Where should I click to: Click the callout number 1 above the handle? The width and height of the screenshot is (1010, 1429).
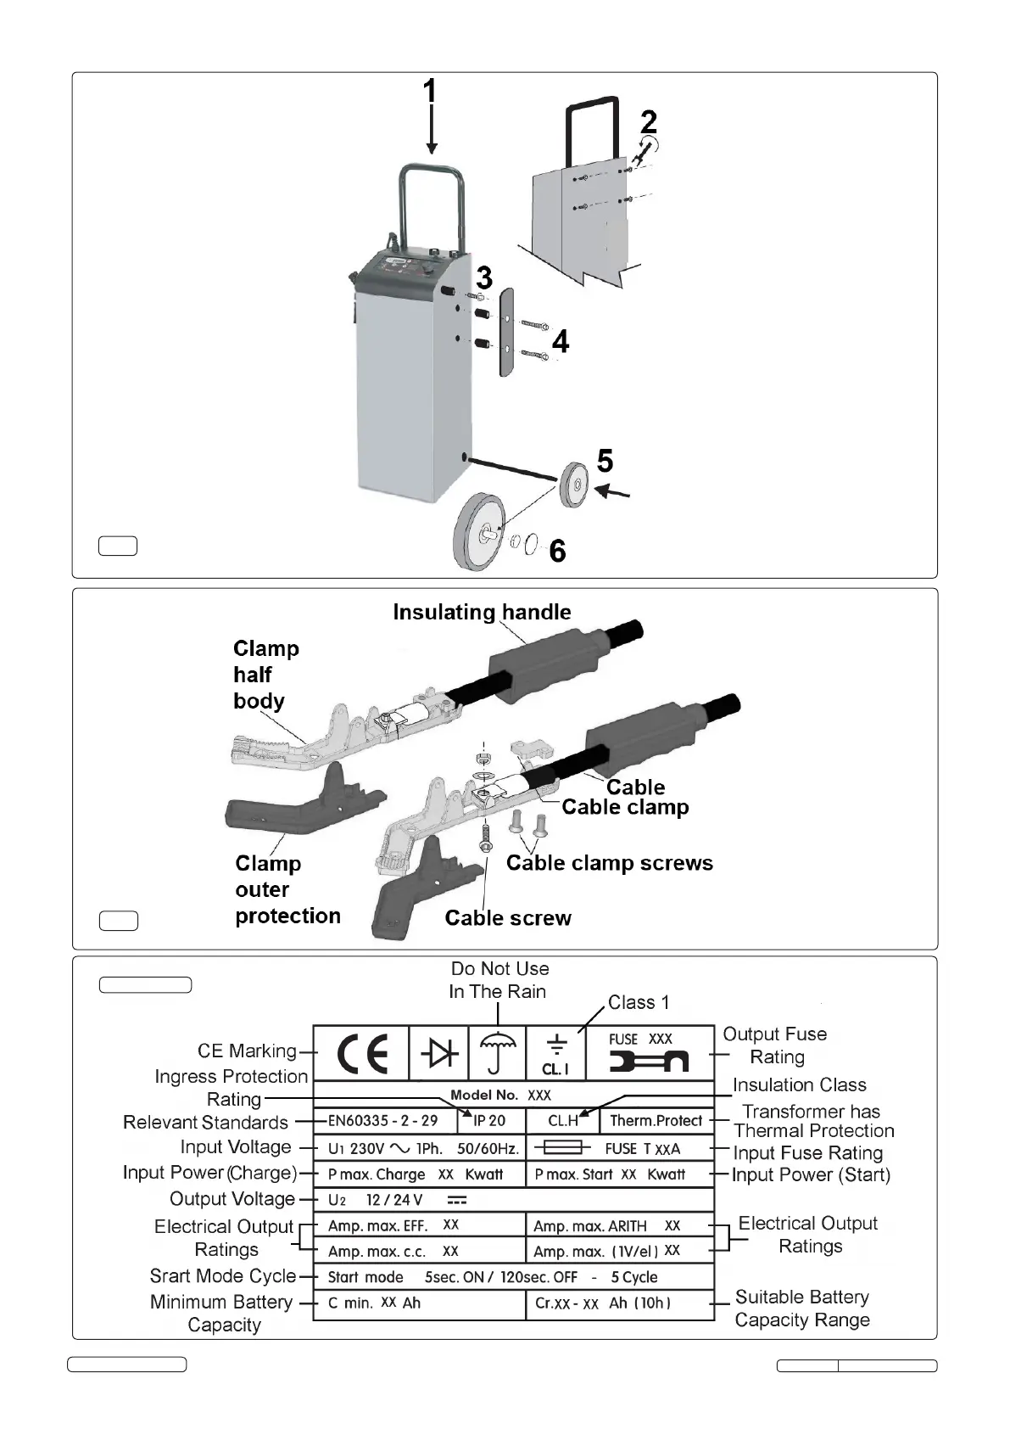click(430, 92)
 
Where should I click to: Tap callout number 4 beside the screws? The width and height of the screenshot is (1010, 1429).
click(560, 342)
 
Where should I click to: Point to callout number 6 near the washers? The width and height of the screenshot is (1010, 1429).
click(557, 552)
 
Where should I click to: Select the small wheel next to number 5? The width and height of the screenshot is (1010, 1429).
click(574, 485)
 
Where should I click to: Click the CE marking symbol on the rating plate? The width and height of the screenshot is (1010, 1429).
click(362, 1053)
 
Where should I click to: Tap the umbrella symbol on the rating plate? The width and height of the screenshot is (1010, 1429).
click(498, 1053)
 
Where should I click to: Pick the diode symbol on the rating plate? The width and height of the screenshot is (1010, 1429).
click(439, 1053)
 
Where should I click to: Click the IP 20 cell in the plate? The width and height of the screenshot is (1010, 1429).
click(489, 1121)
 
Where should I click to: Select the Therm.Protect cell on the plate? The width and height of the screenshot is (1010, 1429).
click(656, 1121)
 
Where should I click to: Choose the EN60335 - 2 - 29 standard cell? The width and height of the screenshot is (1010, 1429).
click(383, 1121)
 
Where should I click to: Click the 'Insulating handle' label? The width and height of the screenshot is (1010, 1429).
click(482, 613)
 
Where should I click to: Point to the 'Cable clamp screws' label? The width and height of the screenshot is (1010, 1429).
click(609, 863)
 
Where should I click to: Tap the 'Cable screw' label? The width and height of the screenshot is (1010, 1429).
click(508, 918)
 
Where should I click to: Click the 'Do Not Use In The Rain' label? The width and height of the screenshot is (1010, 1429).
click(499, 980)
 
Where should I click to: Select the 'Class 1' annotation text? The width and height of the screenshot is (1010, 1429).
click(639, 1002)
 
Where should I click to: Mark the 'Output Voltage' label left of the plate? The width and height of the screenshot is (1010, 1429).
click(232, 1199)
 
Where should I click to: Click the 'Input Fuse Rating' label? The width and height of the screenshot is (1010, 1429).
click(807, 1153)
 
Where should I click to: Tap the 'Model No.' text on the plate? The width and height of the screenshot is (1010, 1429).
click(484, 1095)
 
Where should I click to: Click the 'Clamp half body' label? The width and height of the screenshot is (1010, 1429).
click(265, 675)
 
